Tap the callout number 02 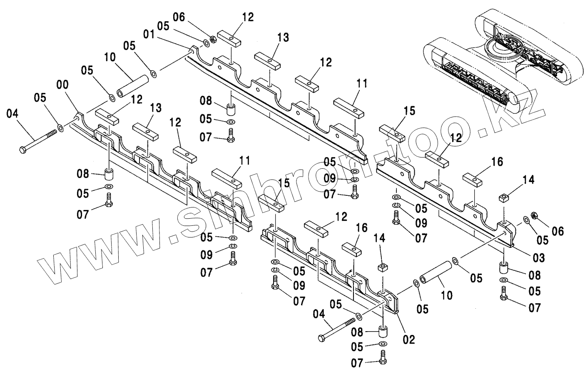coord(409,340)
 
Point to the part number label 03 coord(539,258)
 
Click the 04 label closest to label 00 coord(12,113)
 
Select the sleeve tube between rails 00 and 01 coord(132,85)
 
